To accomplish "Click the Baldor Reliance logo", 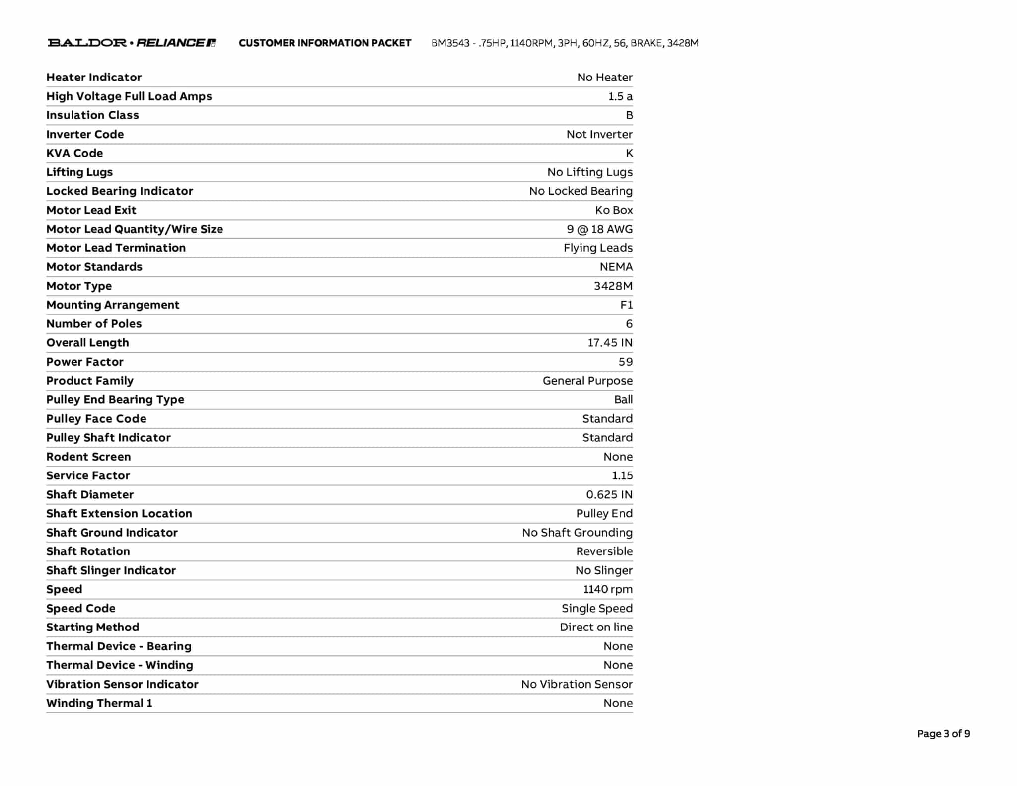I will click(131, 43).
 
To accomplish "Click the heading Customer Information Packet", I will click(325, 43).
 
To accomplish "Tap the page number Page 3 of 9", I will click(943, 734).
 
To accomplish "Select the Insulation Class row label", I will click(92, 115).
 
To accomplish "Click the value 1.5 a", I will click(620, 96).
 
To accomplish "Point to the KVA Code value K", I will click(629, 153).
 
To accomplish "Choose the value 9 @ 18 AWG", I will click(599, 229).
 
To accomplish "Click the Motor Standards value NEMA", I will click(616, 267).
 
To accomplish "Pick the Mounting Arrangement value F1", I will click(626, 305).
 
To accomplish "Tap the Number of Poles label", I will click(94, 324).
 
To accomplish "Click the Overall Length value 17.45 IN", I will click(610, 343).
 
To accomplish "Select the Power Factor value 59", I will click(625, 362).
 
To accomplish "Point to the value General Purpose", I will click(587, 381).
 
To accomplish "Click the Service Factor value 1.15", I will click(622, 475).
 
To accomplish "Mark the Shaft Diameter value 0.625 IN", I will click(609, 494).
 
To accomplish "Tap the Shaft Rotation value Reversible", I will click(604, 551).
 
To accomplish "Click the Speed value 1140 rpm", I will click(607, 589).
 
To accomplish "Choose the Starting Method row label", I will click(92, 627).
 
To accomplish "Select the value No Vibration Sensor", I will click(577, 684).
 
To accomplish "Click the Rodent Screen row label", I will click(88, 457).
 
